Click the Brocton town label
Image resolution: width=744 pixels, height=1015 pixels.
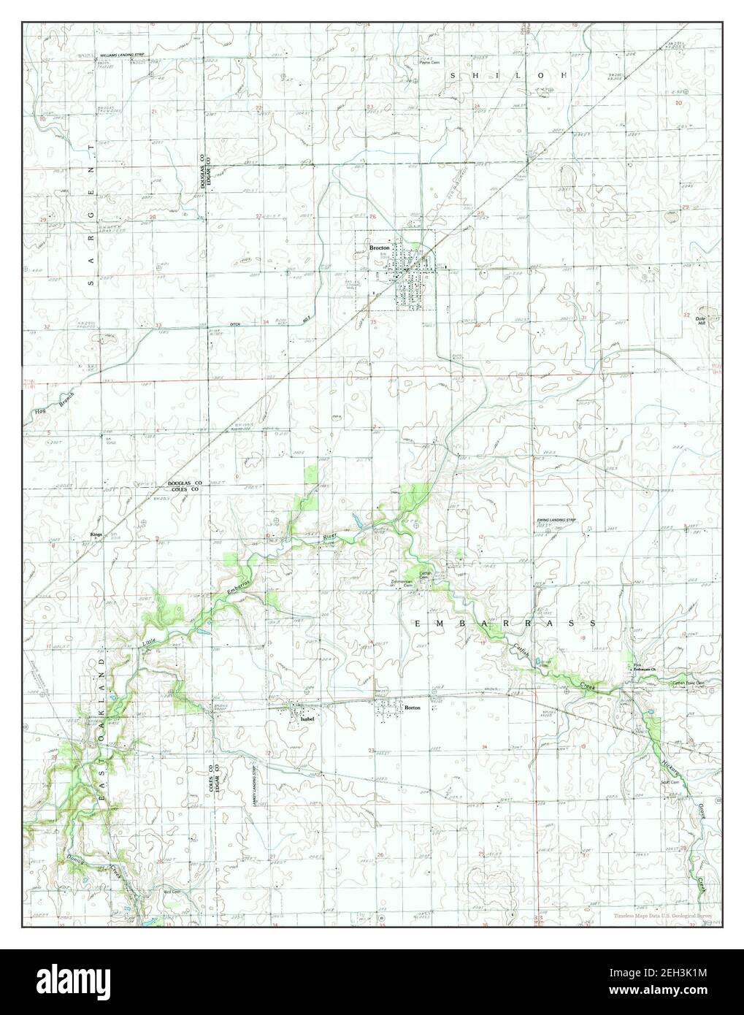click(x=380, y=248)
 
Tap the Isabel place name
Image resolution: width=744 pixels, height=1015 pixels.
click(x=307, y=719)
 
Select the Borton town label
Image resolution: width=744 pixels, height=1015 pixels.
click(x=413, y=708)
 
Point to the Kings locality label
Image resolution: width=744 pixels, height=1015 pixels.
click(x=96, y=535)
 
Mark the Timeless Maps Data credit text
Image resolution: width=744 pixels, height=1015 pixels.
click(x=664, y=904)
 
